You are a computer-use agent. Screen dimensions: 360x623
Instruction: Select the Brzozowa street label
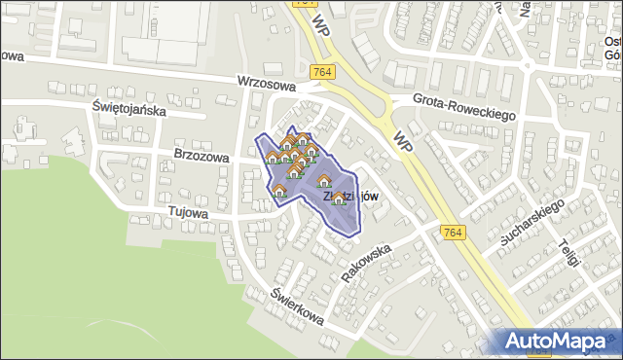coord(202,156)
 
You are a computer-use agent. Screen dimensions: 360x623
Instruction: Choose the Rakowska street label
coord(366,262)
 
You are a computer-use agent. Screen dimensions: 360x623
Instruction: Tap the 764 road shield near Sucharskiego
coord(451,232)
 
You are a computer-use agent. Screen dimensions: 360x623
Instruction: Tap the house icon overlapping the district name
coord(338,198)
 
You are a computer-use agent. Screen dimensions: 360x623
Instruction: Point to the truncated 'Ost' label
coord(612,42)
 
